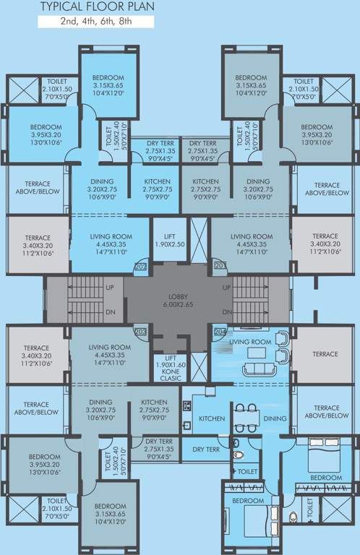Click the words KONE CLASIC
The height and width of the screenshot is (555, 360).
tap(171, 377)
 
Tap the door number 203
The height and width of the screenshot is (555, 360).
tap(140, 332)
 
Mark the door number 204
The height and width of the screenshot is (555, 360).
tap(218, 332)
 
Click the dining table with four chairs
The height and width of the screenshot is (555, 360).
tap(247, 418)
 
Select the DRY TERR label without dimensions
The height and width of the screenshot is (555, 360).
tap(205, 449)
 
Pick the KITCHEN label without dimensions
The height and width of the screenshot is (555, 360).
tap(212, 418)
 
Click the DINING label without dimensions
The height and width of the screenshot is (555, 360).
tap(274, 418)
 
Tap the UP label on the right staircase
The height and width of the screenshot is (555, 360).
tap(228, 287)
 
